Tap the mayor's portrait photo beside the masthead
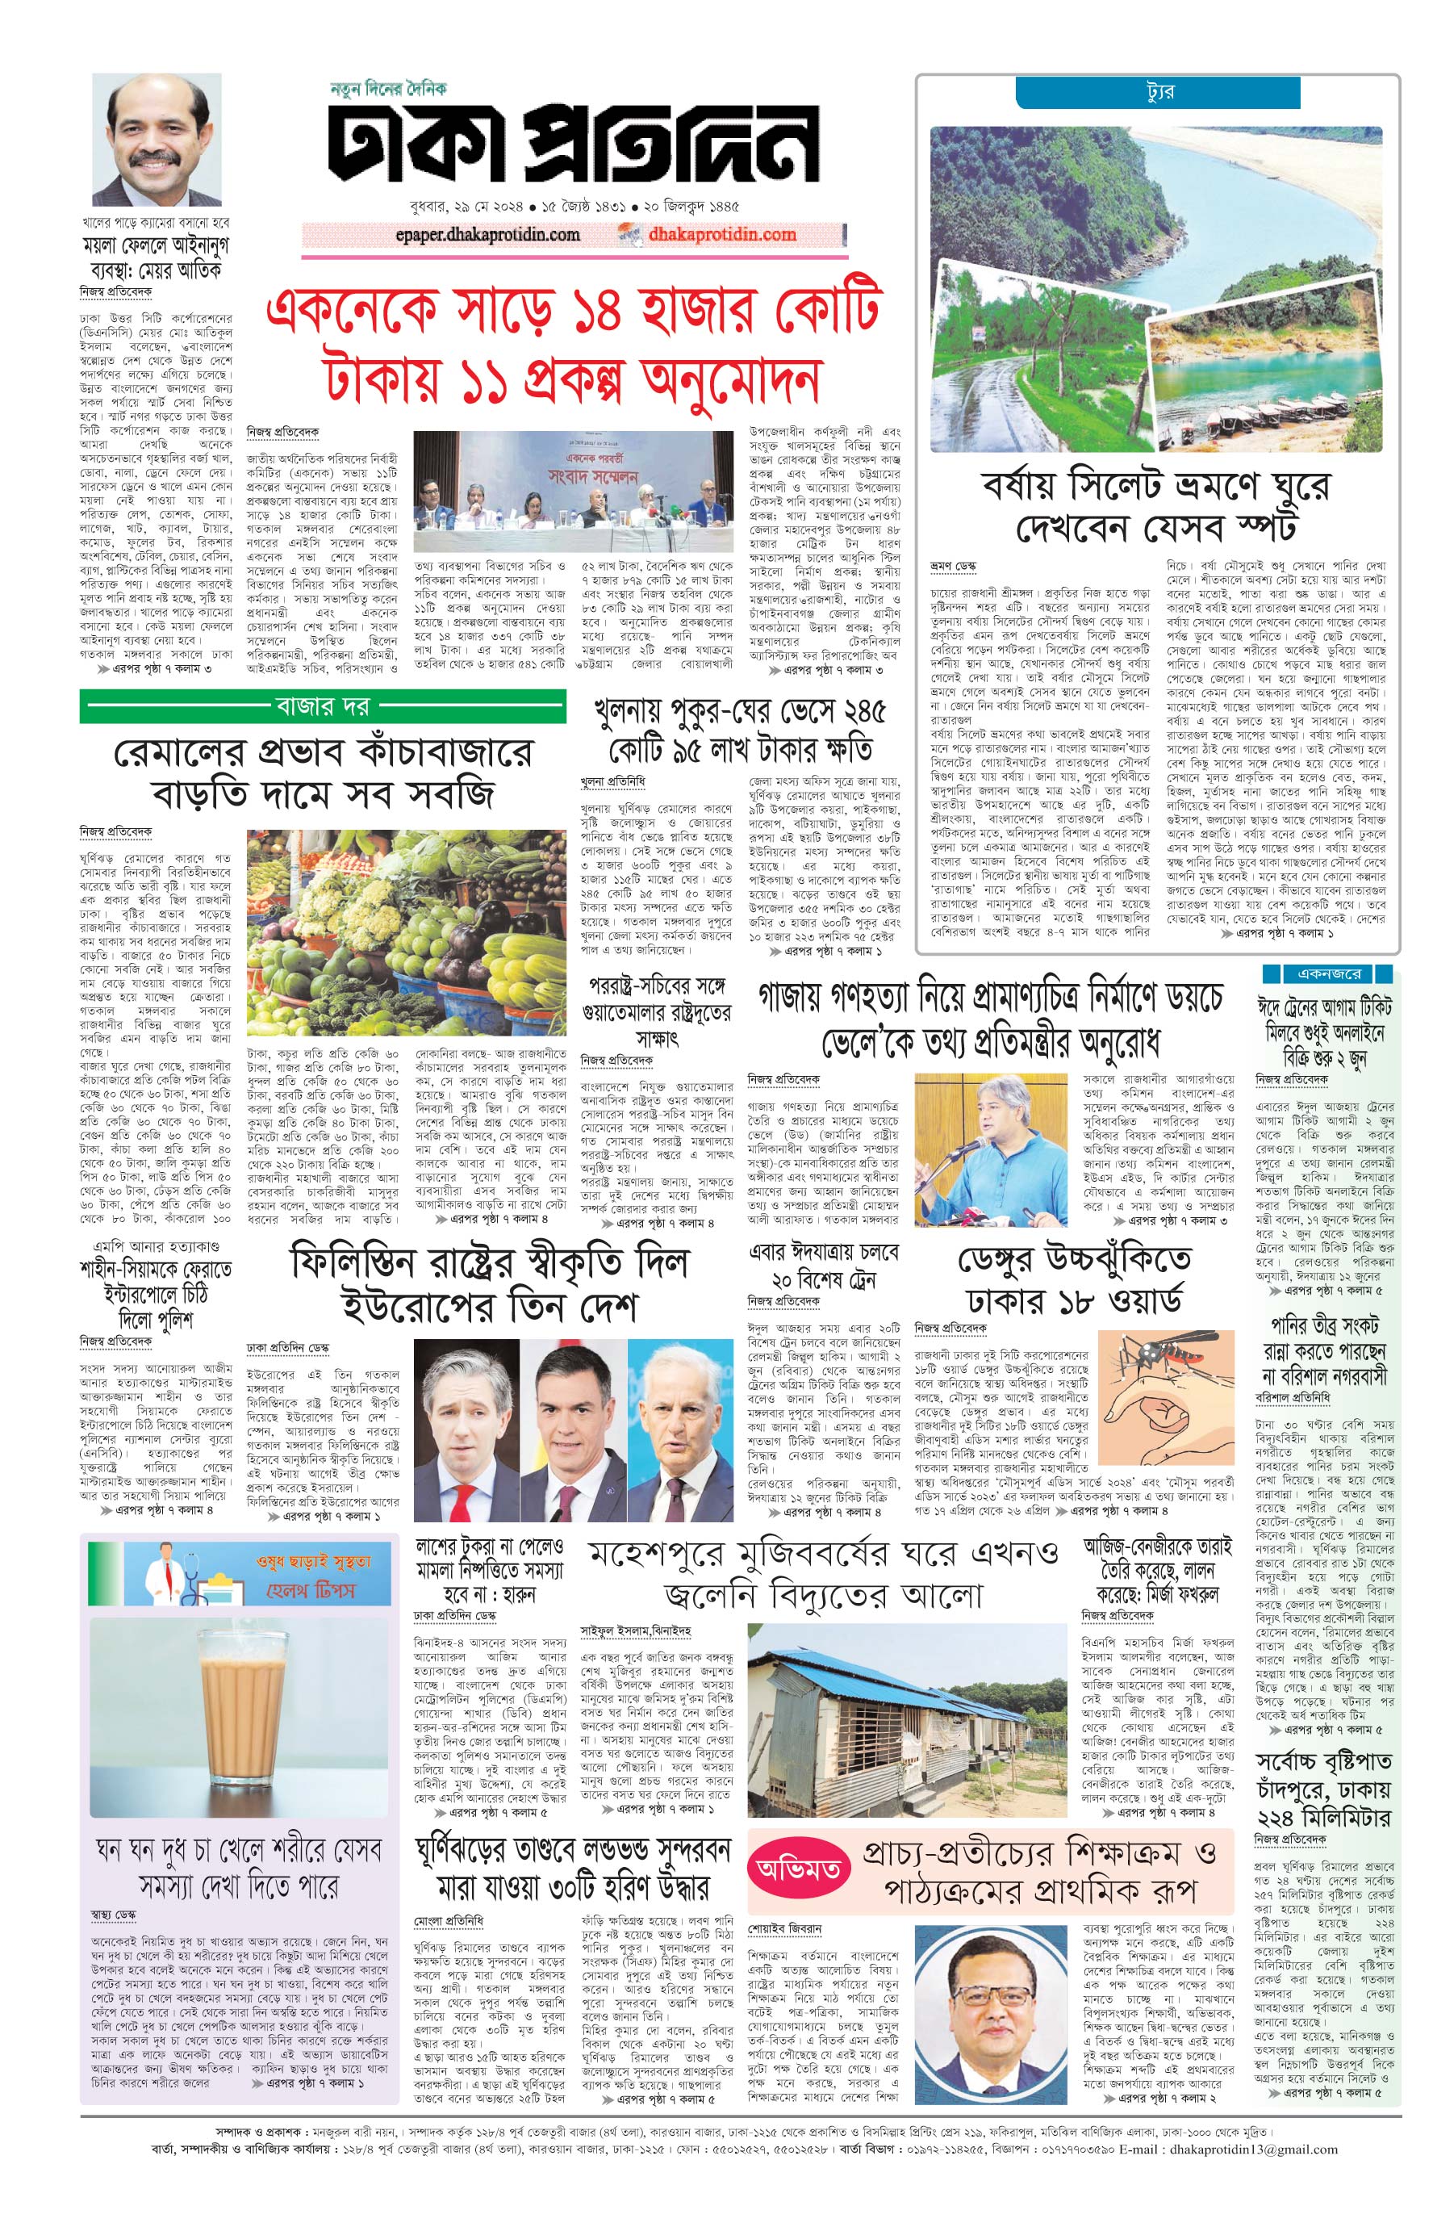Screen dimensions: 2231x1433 tap(157, 140)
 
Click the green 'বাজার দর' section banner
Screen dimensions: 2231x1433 tap(322, 706)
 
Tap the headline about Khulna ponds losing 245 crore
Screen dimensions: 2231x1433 tap(740, 730)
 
